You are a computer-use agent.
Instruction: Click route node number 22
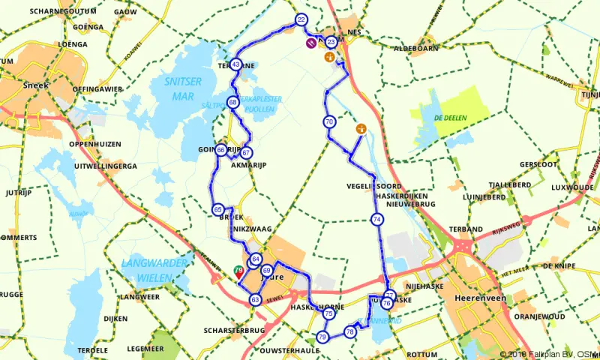(x=301, y=19)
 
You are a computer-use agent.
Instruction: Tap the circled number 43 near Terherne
(x=236, y=64)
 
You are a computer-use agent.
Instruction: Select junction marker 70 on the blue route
(x=329, y=121)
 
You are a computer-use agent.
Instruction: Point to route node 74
(x=376, y=219)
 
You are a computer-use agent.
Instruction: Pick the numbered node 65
(x=217, y=209)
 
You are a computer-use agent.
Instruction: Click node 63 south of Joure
(x=255, y=300)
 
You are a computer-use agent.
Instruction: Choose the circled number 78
(x=349, y=331)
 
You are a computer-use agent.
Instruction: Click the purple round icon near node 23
(x=310, y=43)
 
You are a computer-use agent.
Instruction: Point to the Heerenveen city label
(x=478, y=298)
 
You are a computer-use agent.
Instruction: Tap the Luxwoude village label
(x=571, y=187)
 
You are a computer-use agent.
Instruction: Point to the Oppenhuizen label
(x=94, y=143)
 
